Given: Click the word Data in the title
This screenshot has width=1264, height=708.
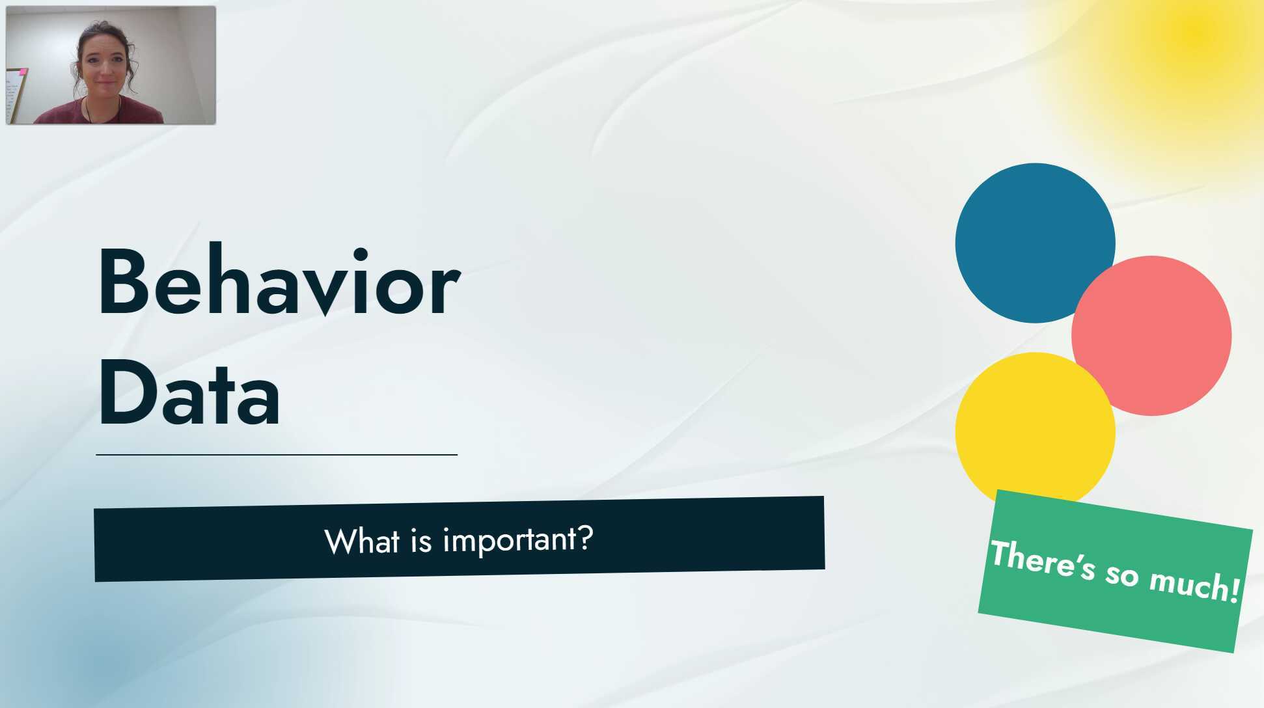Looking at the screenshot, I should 189,394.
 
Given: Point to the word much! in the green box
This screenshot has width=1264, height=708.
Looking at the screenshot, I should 1195,583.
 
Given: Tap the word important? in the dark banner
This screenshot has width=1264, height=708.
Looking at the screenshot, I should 518,539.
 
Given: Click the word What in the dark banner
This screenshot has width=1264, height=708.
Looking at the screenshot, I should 362,541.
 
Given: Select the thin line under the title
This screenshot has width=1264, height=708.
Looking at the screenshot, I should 277,455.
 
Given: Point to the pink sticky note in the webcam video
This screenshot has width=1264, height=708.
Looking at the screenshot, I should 23,72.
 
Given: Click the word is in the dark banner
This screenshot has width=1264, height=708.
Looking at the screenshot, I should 421,541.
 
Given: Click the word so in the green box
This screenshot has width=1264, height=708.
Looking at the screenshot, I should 1122,573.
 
